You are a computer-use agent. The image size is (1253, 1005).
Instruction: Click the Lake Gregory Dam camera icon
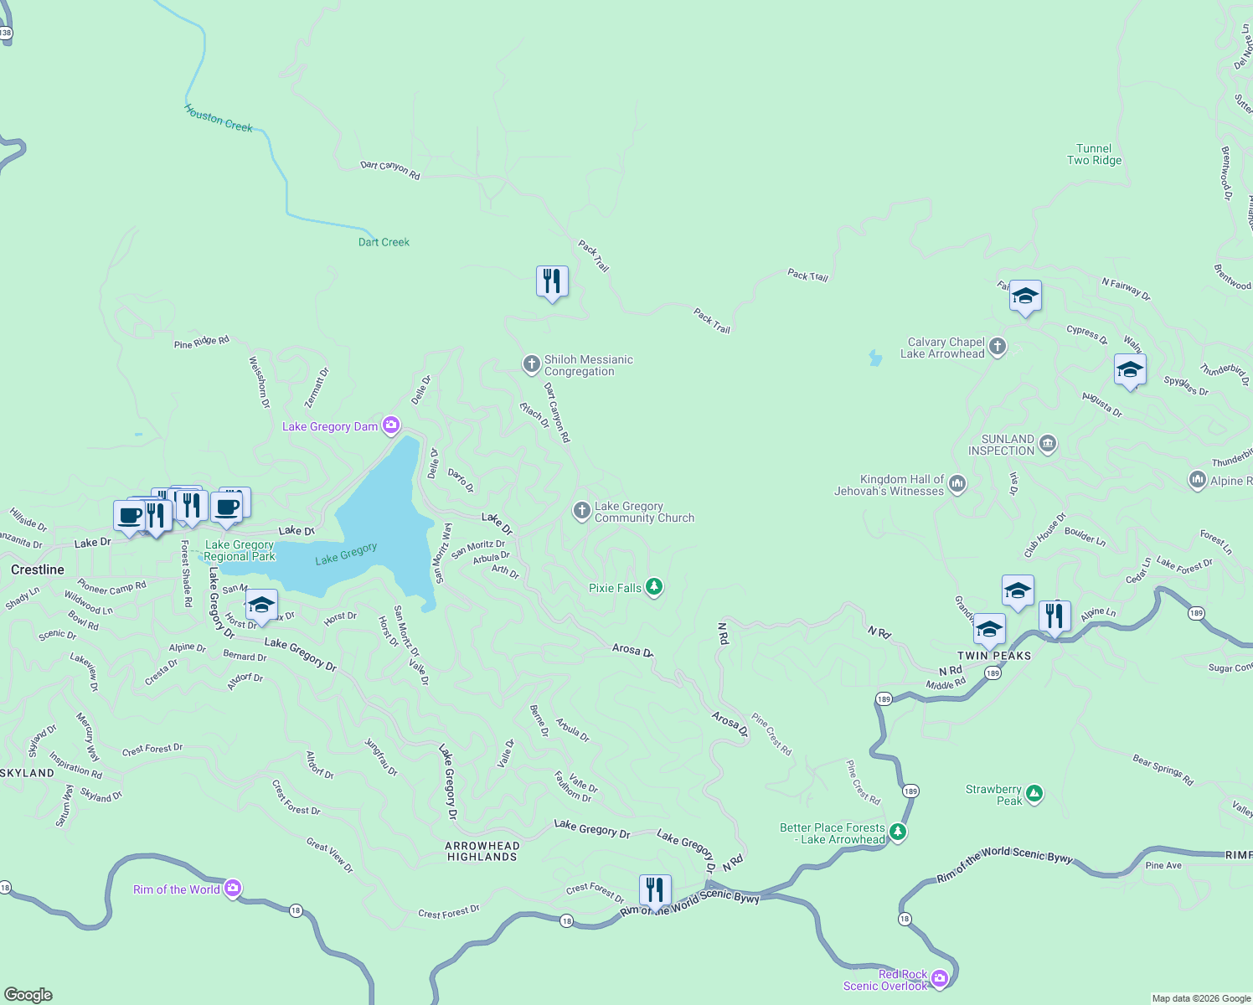391,425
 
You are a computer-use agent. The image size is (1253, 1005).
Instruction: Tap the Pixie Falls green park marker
654,587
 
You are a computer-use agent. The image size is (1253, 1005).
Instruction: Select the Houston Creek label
218,118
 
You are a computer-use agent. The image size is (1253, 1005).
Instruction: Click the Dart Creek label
384,242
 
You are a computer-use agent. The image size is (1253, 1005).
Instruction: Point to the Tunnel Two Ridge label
1094,154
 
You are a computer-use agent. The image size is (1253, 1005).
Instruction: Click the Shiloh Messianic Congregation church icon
531,364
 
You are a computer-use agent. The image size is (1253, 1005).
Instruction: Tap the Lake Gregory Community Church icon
581,511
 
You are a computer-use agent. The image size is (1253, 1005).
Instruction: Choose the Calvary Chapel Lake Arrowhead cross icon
997,347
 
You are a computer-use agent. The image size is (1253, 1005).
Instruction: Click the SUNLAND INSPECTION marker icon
1047,443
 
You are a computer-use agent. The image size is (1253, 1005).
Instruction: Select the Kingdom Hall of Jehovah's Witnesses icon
957,483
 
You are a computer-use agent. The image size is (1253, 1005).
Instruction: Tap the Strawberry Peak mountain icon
1034,793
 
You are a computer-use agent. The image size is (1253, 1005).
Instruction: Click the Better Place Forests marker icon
898,832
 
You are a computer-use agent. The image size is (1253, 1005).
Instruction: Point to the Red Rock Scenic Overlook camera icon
940,977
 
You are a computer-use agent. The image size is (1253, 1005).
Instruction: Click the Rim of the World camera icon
233,889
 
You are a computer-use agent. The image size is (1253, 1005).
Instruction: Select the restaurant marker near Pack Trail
552,281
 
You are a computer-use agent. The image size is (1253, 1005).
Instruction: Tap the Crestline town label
38,569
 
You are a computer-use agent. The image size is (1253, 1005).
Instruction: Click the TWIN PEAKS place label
994,656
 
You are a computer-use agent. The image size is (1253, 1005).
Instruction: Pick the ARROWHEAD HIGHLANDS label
482,851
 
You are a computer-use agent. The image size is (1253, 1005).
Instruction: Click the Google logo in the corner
28,994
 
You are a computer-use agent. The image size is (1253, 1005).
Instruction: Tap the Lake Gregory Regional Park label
240,550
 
